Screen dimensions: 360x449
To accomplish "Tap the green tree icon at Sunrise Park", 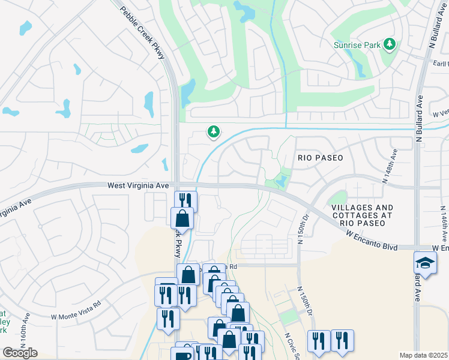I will coord(390,44).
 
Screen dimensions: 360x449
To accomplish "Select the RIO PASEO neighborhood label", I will coord(321,158).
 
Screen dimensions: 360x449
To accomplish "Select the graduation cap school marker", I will coord(425,263).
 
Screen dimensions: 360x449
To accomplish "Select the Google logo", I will coord(20,353).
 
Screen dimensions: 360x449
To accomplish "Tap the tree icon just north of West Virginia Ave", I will coord(212,131).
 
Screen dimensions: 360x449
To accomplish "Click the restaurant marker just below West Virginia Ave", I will coord(185,200).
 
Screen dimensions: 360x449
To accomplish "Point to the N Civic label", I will coord(290,344).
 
